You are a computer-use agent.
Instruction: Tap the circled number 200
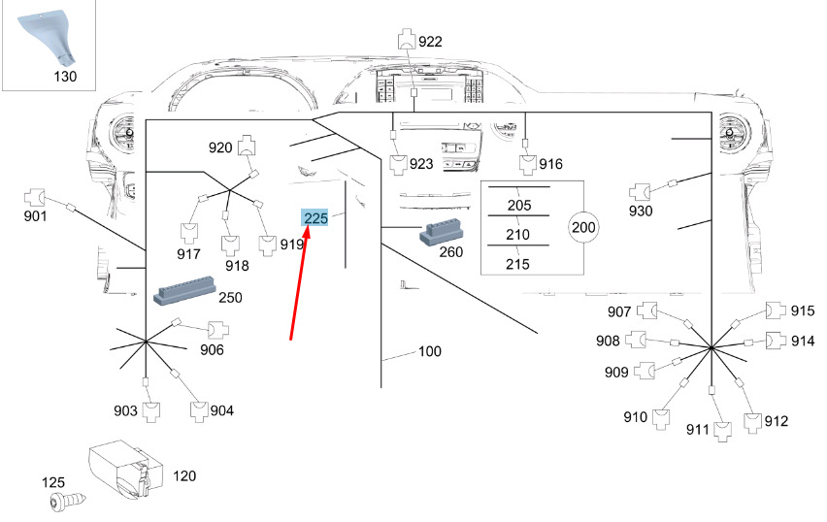coord(583,228)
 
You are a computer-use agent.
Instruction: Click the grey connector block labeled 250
coord(183,295)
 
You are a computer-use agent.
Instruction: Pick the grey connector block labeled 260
coord(442,234)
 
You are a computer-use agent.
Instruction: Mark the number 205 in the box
coord(518,205)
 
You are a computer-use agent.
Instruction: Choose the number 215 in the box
coord(518,263)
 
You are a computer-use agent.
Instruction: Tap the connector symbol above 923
coord(398,164)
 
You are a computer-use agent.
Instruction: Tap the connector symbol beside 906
coord(216,330)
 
